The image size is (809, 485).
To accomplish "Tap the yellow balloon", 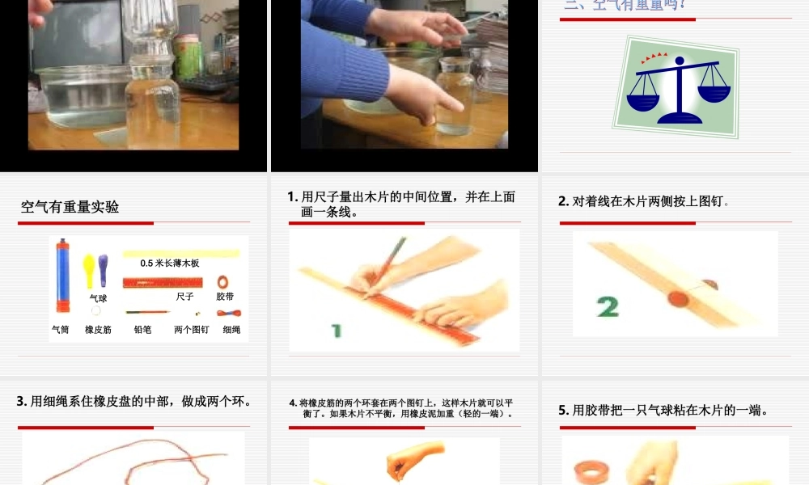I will (89, 266).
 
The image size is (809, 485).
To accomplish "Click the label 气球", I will (98, 297).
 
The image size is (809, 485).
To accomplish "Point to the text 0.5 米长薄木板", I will (169, 264).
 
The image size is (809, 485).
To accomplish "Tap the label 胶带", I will (225, 297).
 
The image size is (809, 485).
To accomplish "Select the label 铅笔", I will (142, 329).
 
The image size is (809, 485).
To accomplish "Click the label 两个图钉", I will (192, 329).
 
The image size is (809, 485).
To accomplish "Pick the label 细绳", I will (231, 329).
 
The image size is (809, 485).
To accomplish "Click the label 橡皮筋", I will (98, 329).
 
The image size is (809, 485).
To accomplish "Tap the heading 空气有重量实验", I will (70, 207).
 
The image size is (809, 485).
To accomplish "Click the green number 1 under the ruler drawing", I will (337, 330).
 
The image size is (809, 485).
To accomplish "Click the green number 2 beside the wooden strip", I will (608, 306).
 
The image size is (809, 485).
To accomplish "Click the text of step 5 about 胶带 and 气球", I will (663, 411).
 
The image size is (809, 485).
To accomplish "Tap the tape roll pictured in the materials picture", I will (223, 282).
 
